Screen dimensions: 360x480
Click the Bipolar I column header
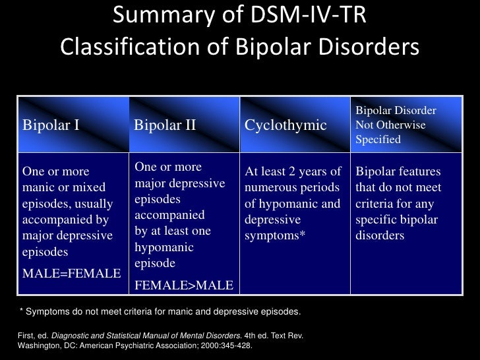pos(51,125)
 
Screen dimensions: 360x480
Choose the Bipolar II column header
pos(165,125)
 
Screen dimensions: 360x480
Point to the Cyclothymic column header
pos(285,125)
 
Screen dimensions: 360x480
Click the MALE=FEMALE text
pos(71,273)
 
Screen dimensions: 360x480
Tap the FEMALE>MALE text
pos(183,285)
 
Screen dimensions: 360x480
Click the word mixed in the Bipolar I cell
pos(94,187)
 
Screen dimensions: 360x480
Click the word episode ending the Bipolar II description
pos(154,263)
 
